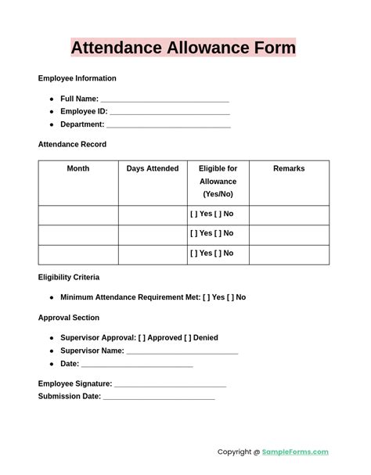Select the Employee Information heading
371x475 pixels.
[x=77, y=78]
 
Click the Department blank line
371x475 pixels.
[x=168, y=124]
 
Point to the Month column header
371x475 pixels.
[x=78, y=169]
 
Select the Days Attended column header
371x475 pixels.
[x=153, y=169]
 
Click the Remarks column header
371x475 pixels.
[x=289, y=169]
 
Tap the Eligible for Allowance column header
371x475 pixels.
[x=218, y=181]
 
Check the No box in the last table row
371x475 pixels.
[x=218, y=254]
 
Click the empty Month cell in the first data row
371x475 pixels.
[x=78, y=214]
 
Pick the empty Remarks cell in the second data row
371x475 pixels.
[x=289, y=234]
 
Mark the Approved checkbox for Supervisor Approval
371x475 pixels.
[x=142, y=338]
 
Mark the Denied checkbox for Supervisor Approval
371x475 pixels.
[x=188, y=338]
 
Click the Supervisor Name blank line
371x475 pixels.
[x=182, y=351]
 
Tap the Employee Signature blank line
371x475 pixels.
[x=170, y=384]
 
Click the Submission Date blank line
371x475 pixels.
[x=159, y=397]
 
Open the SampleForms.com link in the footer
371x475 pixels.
[x=295, y=452]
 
